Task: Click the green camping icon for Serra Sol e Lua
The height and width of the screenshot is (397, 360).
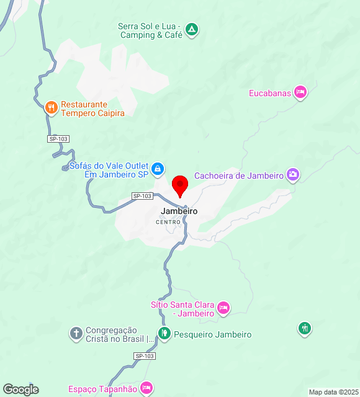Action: [192, 29]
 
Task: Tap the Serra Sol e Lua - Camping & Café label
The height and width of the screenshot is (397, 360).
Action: [150, 31]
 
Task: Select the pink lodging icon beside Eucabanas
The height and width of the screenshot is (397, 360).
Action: [300, 92]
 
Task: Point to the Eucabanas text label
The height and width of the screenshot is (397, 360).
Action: [269, 93]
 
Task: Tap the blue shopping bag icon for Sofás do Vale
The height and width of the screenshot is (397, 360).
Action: [158, 168]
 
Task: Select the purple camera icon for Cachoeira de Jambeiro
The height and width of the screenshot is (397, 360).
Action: [293, 175]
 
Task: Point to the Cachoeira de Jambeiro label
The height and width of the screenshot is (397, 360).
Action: [239, 176]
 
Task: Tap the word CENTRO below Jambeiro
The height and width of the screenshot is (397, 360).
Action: [168, 222]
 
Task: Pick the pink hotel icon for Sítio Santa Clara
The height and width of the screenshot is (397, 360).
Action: [223, 307]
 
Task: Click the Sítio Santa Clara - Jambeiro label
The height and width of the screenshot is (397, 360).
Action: [182, 309]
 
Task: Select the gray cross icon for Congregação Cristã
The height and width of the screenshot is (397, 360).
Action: [76, 334]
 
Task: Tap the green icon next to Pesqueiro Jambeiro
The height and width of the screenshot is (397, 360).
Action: [164, 334]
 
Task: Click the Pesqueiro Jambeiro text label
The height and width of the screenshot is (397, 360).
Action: [212, 334]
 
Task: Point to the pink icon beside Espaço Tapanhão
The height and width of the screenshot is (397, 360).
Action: [146, 388]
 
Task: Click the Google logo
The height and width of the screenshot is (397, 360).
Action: [20, 390]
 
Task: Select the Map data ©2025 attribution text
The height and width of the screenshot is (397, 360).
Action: [333, 392]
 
